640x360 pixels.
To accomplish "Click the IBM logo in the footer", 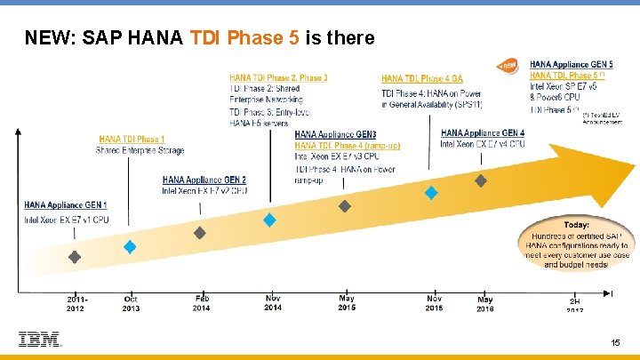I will point(39,340).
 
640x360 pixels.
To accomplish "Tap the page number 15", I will point(616,342).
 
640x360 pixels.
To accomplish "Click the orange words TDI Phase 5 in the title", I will point(245,38).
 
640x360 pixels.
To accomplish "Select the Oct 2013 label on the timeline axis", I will point(130,302).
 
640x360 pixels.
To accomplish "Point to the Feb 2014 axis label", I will point(202,302).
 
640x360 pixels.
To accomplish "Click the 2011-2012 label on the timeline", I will point(76,302).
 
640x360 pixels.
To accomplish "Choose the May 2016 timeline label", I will point(485,302).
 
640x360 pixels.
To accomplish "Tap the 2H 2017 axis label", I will point(575,305).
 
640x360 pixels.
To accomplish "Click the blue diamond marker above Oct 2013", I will point(130,247).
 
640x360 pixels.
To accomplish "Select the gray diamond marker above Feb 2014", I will point(201,232).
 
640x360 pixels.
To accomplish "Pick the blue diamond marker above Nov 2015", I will point(431,192).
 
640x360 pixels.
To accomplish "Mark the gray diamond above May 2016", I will point(481,180).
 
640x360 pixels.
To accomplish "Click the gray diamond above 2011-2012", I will point(76,257).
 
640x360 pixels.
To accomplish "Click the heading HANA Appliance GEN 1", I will point(66,205).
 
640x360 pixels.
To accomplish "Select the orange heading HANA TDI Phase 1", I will point(131,139).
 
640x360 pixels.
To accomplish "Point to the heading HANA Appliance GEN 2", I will point(204,180).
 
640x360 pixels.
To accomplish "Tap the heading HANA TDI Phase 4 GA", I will point(422,79).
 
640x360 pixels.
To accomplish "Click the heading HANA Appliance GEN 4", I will point(483,133).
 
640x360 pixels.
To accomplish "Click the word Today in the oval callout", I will point(576,225).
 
